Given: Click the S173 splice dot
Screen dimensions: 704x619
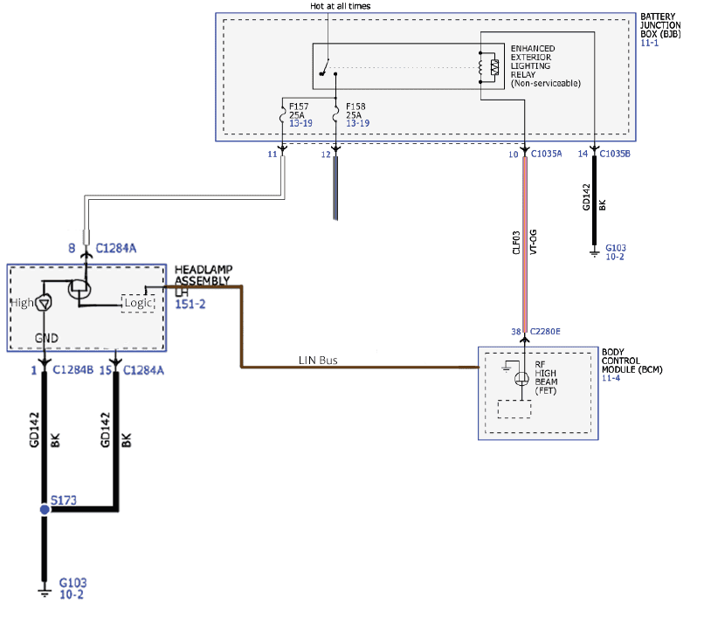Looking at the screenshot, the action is pos(45,510).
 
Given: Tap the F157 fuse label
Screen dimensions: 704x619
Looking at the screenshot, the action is pos(299,107).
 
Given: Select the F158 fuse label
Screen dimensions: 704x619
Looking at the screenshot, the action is pos(355,107).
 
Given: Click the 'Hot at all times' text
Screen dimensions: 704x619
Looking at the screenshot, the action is pos(341,6).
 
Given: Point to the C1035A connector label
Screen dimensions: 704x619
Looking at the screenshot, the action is pos(547,154).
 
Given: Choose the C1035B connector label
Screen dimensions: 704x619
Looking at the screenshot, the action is pos(615,154).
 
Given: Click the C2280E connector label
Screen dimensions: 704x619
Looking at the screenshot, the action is pos(545,331).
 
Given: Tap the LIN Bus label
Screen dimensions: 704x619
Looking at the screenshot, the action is pos(318,360).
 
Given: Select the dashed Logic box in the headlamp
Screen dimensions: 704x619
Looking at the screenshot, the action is pos(138,304).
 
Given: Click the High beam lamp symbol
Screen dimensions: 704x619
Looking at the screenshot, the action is pos(44,303).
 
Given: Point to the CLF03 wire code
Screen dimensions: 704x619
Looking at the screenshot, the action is pos(516,243).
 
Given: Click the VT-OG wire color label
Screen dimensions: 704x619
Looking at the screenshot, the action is pos(534,243).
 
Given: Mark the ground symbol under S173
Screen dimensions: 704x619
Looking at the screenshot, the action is pos(45,591).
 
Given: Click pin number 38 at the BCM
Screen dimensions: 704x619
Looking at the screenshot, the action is pos(516,331).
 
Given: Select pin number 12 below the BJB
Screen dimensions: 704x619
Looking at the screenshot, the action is pos(326,155).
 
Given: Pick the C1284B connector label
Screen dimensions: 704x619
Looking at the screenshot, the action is pos(73,370).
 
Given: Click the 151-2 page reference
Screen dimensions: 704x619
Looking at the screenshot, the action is pos(190,304).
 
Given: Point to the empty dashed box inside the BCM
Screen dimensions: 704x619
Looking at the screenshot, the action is pos(514,409).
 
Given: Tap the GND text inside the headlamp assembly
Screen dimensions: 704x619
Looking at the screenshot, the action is pos(46,338).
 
